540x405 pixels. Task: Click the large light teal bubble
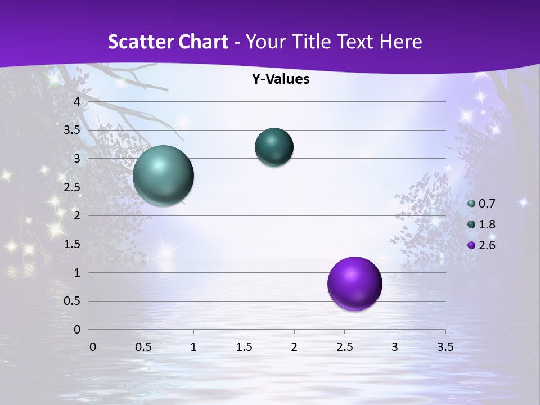click(x=164, y=175)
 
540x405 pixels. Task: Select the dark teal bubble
click(x=274, y=147)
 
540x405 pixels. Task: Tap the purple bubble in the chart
click(x=354, y=284)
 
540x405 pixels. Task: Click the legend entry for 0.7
click(x=481, y=204)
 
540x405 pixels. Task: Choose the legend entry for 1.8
click(x=481, y=224)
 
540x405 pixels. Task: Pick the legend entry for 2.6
click(x=481, y=245)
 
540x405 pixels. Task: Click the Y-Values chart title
click(x=281, y=79)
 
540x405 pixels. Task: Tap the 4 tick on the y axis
click(x=77, y=102)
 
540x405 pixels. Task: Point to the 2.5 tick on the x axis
click(x=344, y=347)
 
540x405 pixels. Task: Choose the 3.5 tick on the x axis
click(x=445, y=347)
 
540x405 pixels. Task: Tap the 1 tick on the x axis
click(x=193, y=347)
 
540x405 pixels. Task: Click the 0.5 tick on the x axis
click(x=143, y=347)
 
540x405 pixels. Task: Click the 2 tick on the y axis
click(x=77, y=215)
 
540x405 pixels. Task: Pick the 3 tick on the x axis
click(x=395, y=347)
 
